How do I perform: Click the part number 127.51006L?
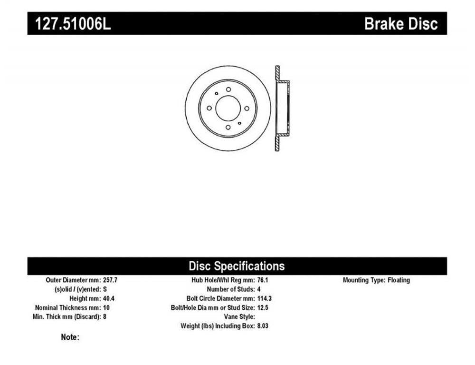tap(73, 24)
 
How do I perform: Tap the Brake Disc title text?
tap(401, 24)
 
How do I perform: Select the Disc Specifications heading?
tap(237, 266)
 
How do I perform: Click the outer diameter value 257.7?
tap(110, 280)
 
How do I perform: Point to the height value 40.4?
tap(109, 298)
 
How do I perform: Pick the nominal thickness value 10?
tap(106, 307)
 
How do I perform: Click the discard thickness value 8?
tap(105, 317)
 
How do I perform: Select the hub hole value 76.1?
tap(263, 280)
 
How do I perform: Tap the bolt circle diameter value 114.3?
tap(265, 298)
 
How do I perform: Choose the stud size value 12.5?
tap(263, 307)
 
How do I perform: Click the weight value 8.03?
tap(263, 326)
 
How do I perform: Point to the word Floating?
tap(399, 280)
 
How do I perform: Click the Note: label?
tap(70, 337)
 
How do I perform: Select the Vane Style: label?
tap(239, 317)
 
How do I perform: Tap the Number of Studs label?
tap(230, 289)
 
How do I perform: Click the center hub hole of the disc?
tap(228, 109)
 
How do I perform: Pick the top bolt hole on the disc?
tap(228, 89)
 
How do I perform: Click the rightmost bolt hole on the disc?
tap(247, 109)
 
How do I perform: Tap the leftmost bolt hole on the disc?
tap(209, 108)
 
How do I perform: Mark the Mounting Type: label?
tap(364, 280)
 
